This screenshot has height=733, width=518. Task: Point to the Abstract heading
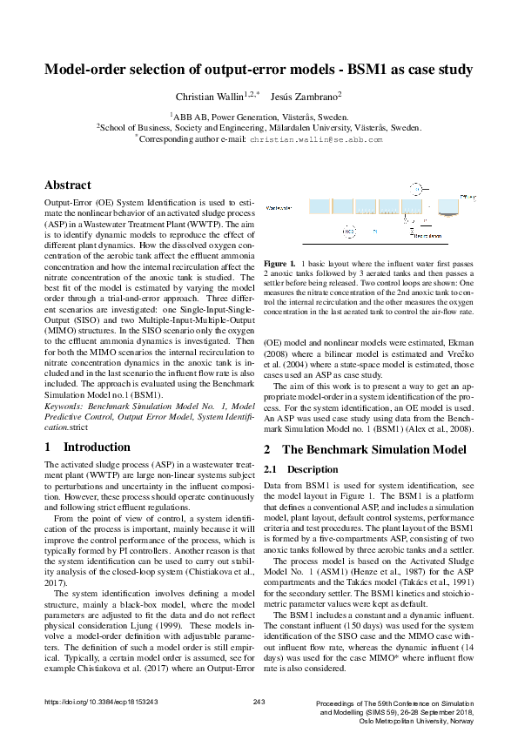pos(68,185)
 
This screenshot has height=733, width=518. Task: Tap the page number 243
pos(259,702)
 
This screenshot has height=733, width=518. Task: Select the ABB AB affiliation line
pos(259,115)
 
